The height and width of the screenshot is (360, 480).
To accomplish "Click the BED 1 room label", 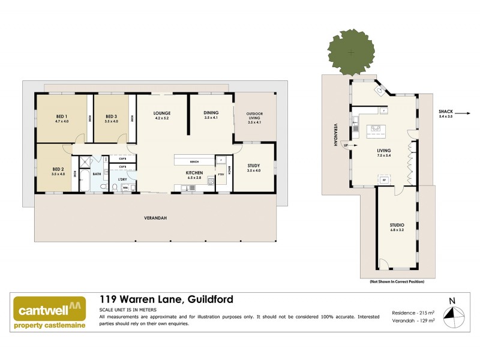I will tap(62, 116).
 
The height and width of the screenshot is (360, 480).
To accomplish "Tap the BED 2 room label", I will tap(58, 169).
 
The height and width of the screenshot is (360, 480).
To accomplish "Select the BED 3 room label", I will tap(112, 116).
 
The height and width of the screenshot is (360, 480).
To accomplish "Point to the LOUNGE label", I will tap(162, 113).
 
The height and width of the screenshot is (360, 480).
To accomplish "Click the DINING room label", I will tap(211, 113).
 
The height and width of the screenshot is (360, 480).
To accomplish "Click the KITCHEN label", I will tap(194, 173).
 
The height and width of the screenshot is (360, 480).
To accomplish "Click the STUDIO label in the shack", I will tap(397, 225).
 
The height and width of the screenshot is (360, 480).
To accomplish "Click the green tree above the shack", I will tap(350, 53).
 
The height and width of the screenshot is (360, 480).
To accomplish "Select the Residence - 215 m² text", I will tap(413, 313).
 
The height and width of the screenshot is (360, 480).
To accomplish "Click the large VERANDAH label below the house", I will tap(154, 217).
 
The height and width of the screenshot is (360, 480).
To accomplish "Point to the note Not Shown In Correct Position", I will tap(397, 281).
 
